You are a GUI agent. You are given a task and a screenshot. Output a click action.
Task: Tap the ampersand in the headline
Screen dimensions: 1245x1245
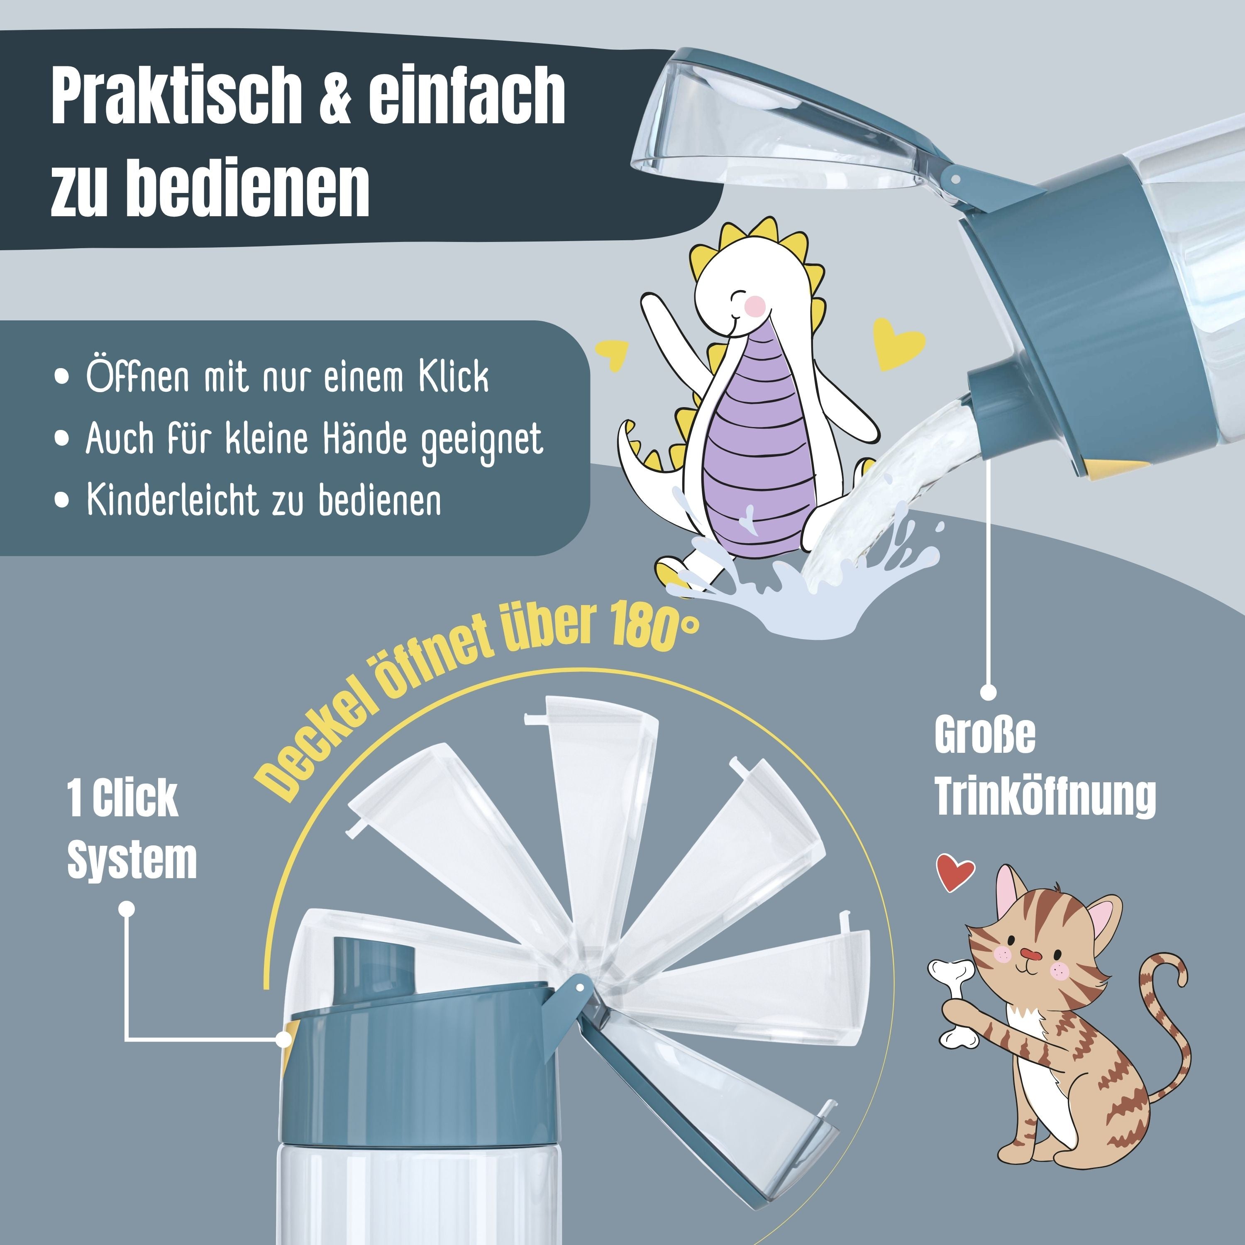[334, 97]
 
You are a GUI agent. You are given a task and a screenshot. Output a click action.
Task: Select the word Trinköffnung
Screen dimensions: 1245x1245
[1045, 796]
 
